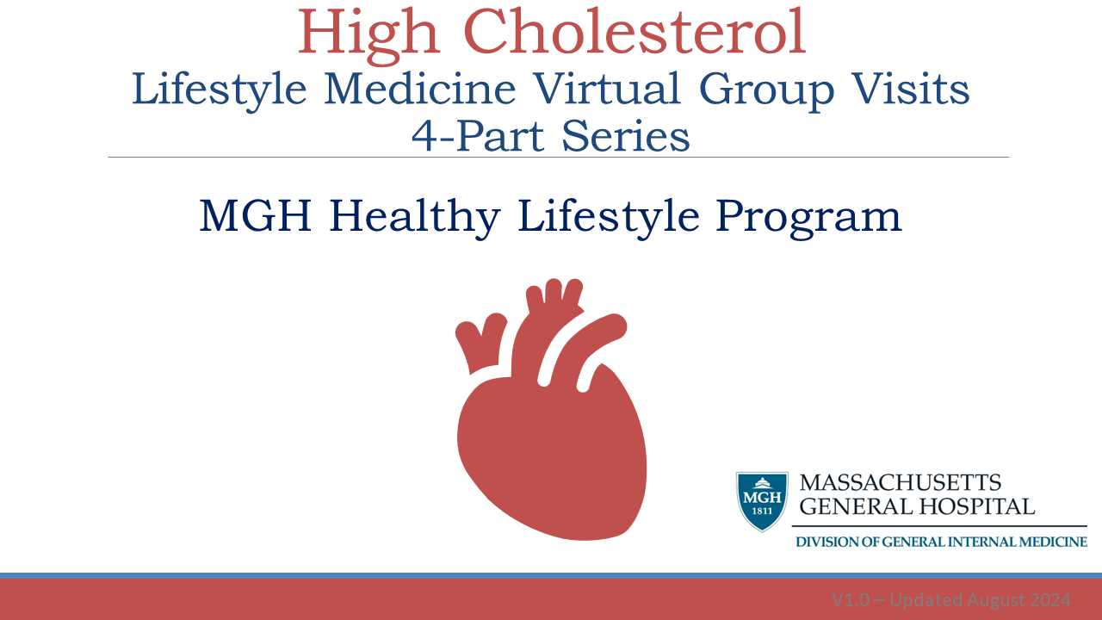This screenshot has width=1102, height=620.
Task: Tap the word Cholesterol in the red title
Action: (636, 33)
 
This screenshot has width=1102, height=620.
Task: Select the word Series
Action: (623, 136)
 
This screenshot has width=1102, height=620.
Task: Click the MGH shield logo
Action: (762, 500)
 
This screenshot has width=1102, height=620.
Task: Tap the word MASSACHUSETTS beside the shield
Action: (901, 483)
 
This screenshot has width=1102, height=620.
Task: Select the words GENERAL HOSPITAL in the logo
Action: (917, 506)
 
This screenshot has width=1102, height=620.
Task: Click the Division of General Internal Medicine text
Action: (940, 542)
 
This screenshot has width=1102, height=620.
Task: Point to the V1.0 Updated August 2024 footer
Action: (950, 599)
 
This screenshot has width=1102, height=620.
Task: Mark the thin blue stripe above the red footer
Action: (551, 575)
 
